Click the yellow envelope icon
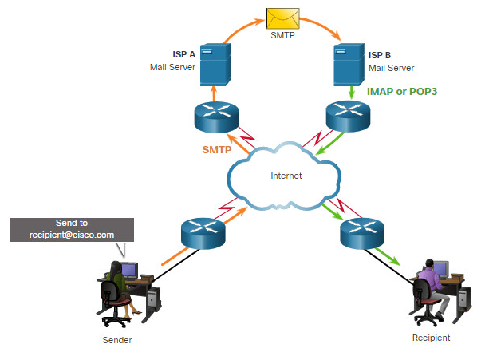point(282,18)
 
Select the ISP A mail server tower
point(215,65)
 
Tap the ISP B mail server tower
point(349,65)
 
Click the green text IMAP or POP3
point(402,92)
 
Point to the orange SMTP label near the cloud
point(216,150)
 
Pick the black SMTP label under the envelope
point(282,35)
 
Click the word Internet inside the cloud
point(286,176)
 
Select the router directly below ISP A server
point(216,117)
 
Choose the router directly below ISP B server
point(349,116)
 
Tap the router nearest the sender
point(203,234)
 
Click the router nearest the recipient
point(362,234)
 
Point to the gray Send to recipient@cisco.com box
point(72,230)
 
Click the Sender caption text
point(117,340)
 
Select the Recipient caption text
point(432,338)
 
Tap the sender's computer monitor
point(129,270)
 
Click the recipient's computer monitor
point(440,268)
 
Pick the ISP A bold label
point(184,54)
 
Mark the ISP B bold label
point(380,55)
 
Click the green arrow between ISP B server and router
point(351,93)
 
